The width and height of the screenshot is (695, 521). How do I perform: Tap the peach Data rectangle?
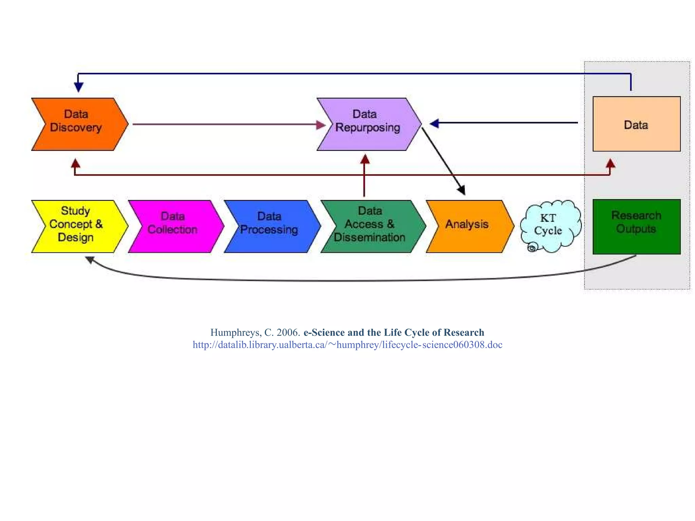point(636,124)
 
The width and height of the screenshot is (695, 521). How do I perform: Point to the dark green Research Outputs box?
point(636,226)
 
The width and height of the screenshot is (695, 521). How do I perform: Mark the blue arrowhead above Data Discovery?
point(78,87)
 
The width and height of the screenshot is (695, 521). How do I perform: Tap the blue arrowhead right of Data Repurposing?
point(434,123)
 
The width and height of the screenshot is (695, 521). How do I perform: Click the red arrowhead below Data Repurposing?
point(365,159)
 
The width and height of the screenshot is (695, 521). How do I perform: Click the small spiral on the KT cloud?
point(532,248)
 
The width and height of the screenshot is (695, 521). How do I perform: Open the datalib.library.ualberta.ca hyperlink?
point(347,345)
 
